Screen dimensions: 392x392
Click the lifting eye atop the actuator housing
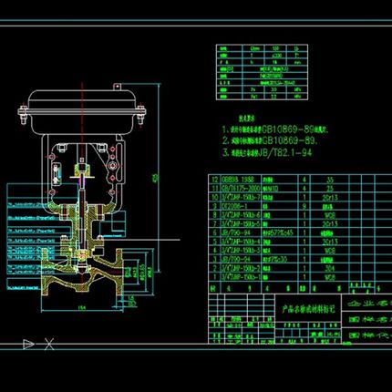[84, 81]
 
